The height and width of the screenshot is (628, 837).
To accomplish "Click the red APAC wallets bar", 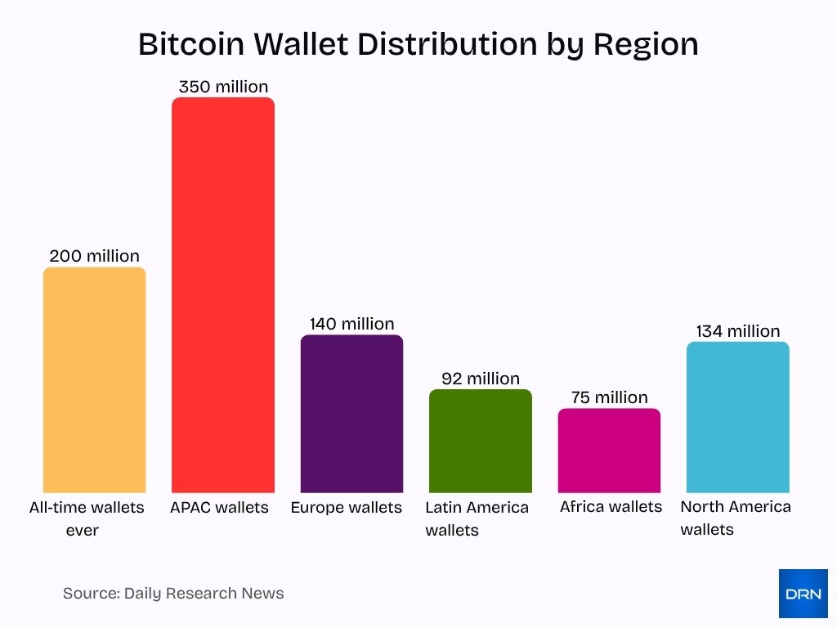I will [x=222, y=294].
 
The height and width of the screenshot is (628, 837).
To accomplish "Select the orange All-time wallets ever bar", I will [x=94, y=380].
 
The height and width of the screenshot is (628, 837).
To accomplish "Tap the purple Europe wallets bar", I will [x=351, y=414].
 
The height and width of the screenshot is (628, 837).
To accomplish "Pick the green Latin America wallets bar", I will [x=481, y=441].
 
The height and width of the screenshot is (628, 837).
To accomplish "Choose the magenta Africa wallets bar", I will [x=609, y=451].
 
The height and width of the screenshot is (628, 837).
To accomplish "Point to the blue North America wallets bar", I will [x=738, y=417].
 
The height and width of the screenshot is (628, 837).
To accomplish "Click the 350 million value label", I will [x=223, y=86].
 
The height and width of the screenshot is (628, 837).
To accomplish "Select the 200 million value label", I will [x=94, y=256].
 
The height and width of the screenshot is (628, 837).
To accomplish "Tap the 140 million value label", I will [x=351, y=324].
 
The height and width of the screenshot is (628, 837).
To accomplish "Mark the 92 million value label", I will [x=481, y=379].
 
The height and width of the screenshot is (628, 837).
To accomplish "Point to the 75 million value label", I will [x=609, y=397].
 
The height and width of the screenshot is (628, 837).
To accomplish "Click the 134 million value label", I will [x=738, y=331].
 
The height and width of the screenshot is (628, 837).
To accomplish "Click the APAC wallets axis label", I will [x=219, y=508].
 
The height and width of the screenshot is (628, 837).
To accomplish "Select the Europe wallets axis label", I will [x=347, y=508].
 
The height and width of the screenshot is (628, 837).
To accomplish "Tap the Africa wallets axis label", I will [x=611, y=507].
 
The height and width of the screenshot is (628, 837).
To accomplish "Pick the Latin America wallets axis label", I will [x=477, y=518].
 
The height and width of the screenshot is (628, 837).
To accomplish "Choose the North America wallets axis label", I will [x=736, y=518].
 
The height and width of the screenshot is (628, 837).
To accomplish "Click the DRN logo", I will [x=803, y=594].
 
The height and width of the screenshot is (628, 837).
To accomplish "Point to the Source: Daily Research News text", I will [x=173, y=594].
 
